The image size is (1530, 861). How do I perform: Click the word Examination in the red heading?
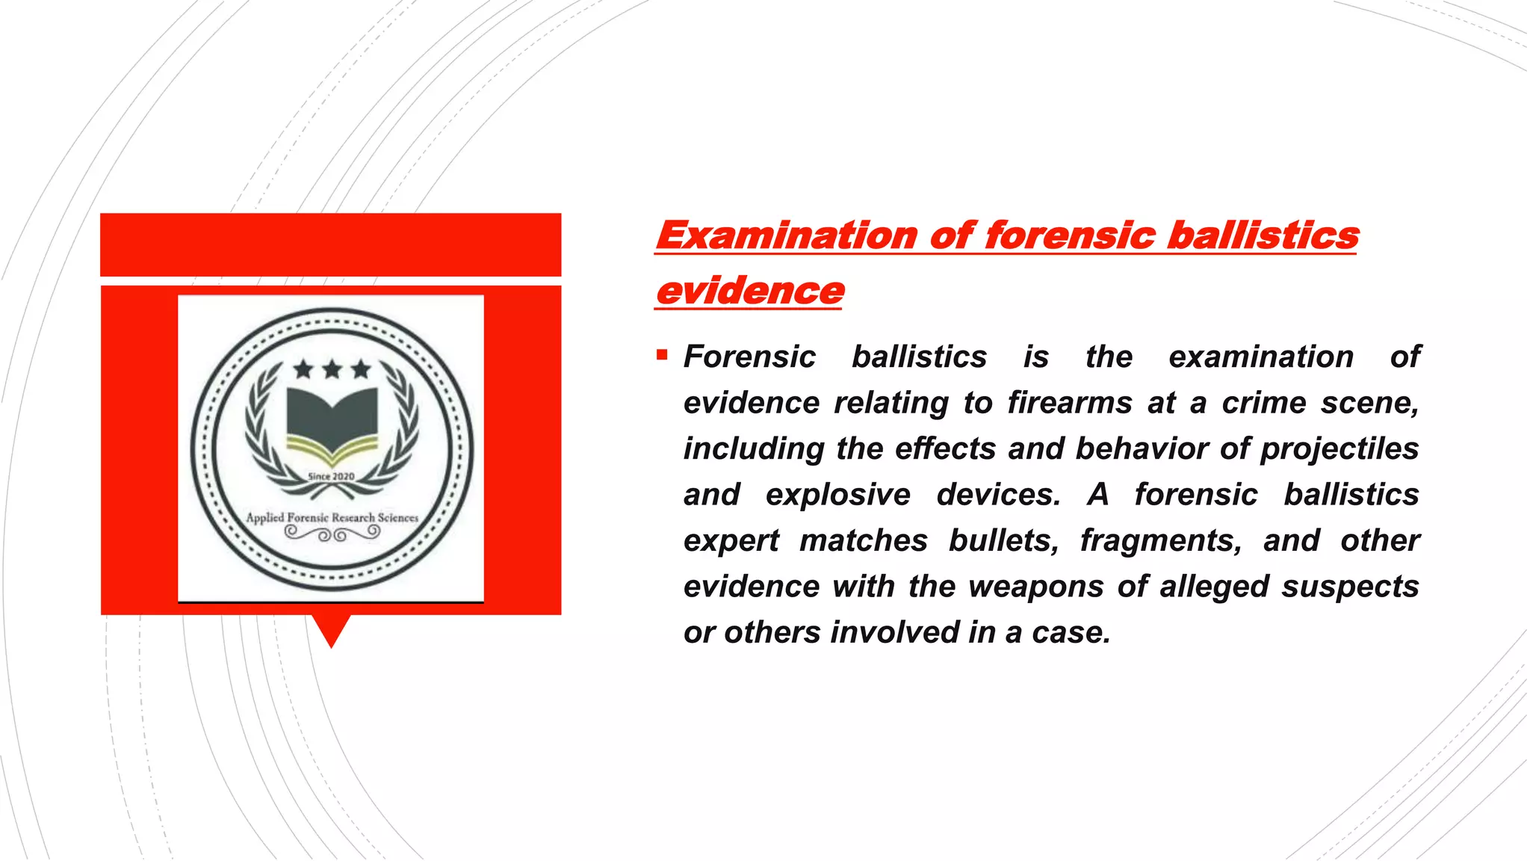pos(786,235)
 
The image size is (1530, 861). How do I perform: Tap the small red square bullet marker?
pos(662,354)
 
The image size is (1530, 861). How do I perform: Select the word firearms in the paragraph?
pos(1070,403)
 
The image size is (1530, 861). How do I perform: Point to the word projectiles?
pos(1339,449)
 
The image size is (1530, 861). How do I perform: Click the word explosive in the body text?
pos(838,495)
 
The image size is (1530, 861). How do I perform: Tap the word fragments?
pos(1161,540)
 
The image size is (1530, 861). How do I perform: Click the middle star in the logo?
pos(332,368)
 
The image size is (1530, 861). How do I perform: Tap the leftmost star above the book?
pos(303,368)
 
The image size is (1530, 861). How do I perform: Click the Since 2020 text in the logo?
pos(331,477)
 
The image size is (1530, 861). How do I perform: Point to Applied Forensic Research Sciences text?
pos(332,517)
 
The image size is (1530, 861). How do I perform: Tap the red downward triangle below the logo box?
pos(331,630)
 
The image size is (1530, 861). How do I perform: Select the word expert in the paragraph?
pos(731,541)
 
